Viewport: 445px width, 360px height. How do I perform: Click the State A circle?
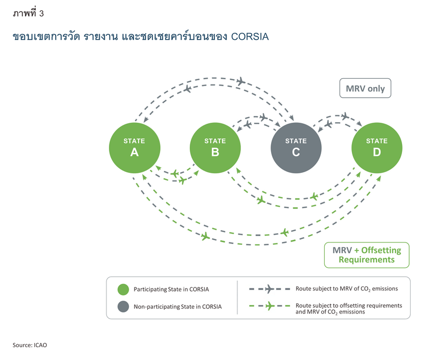(x=135, y=148)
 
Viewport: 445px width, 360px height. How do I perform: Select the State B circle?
(x=215, y=148)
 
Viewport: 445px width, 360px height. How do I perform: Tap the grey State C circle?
(x=296, y=148)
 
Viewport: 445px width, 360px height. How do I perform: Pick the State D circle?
(x=377, y=148)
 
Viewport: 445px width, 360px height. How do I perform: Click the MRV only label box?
(x=365, y=88)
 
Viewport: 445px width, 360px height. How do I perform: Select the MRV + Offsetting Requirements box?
(x=367, y=255)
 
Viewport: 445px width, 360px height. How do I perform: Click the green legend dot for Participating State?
(x=123, y=289)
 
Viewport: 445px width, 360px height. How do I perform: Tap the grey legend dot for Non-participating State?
(x=123, y=307)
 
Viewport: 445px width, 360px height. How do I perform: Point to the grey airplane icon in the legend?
(x=270, y=289)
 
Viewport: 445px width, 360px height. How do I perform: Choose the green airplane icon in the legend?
(x=270, y=306)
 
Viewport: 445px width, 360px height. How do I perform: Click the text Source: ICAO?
(x=30, y=345)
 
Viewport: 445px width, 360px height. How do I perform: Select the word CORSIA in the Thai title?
(x=250, y=37)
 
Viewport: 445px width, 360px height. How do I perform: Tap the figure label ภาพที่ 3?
(x=28, y=13)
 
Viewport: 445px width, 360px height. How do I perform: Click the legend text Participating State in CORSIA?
(x=171, y=289)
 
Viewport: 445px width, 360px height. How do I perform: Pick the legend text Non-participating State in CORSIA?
(x=177, y=307)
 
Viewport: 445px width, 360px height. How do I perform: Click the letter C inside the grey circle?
(x=296, y=152)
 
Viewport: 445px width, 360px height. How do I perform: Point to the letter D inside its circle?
(x=377, y=152)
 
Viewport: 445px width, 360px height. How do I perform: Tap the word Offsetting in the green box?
(x=381, y=250)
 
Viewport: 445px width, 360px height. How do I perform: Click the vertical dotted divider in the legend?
(x=237, y=298)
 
